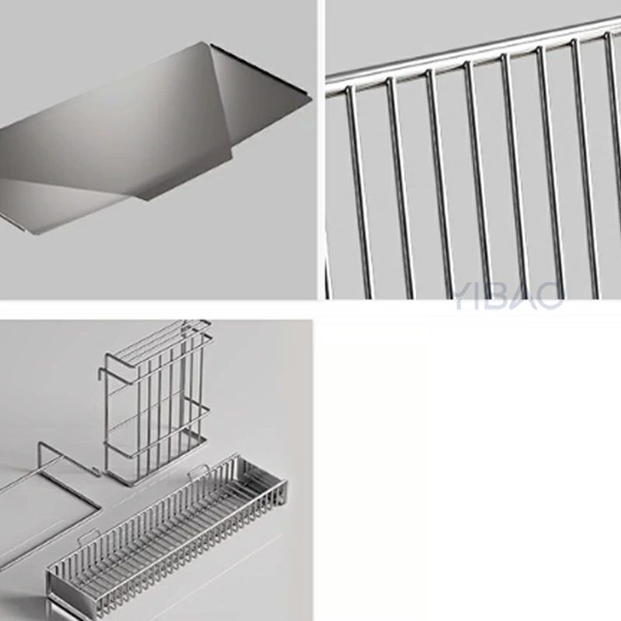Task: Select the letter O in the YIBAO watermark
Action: tap(550, 295)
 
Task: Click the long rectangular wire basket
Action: tap(167, 539)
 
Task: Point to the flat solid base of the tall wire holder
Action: tap(157, 460)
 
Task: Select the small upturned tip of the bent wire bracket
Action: tap(95, 471)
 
